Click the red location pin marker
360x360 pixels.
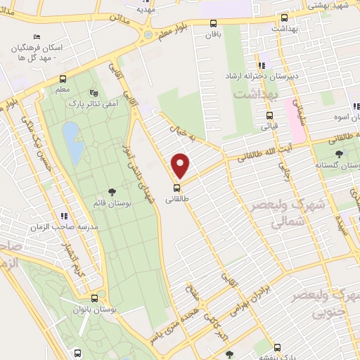(x=181, y=165)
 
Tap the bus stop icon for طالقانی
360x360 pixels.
(x=176, y=188)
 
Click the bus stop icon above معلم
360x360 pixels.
(x=63, y=79)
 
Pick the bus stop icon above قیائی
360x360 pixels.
(x=269, y=116)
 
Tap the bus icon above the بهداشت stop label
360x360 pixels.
(x=284, y=18)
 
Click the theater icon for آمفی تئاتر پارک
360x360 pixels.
(x=94, y=91)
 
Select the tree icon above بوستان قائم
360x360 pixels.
(x=111, y=192)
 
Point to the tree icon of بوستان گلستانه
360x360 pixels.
(x=340, y=153)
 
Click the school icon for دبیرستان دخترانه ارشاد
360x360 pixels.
(x=262, y=65)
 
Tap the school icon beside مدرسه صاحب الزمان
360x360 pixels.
(x=64, y=216)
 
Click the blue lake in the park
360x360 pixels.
(x=71, y=134)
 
